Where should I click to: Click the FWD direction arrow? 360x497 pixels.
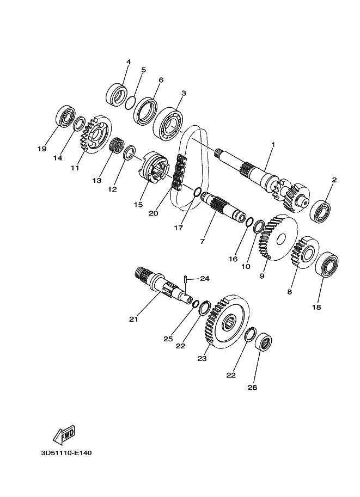click(x=64, y=434)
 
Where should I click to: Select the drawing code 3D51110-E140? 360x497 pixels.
click(x=66, y=452)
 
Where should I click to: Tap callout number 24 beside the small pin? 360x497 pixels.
click(x=205, y=278)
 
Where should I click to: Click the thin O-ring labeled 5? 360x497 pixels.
click(x=130, y=103)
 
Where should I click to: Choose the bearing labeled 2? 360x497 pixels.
click(x=320, y=209)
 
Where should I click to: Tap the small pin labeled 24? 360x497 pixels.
click(x=185, y=280)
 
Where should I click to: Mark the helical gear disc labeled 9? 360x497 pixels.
click(x=278, y=237)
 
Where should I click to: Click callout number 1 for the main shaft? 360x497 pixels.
click(x=273, y=145)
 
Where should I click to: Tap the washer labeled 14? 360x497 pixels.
click(x=79, y=124)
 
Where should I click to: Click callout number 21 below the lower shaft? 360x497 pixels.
click(x=133, y=319)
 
